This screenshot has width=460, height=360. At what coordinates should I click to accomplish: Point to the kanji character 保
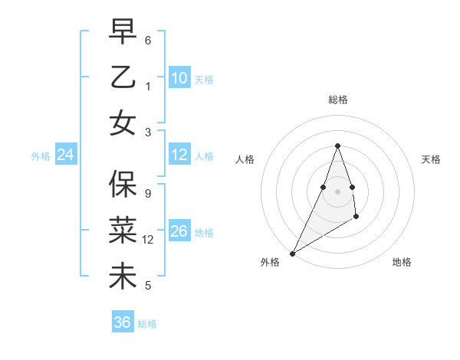pyautogui.click(x=123, y=184)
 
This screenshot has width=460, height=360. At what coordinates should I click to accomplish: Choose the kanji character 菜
pyautogui.click(x=123, y=230)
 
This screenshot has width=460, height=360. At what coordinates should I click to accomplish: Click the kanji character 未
pyautogui.click(x=123, y=276)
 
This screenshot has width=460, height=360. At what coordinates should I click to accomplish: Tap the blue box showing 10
pyautogui.click(x=179, y=78)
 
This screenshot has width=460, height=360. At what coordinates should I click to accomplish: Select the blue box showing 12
pyautogui.click(x=179, y=155)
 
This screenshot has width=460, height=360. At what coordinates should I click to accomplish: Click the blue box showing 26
pyautogui.click(x=179, y=231)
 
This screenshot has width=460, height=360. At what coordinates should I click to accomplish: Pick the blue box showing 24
pyautogui.click(x=66, y=155)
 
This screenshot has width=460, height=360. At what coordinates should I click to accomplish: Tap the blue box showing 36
pyautogui.click(x=123, y=322)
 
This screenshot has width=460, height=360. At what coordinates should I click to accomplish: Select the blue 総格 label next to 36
pyautogui.click(x=147, y=324)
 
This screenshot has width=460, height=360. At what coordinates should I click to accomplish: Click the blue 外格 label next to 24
pyautogui.click(x=41, y=156)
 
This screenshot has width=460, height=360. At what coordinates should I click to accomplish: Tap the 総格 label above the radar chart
pyautogui.click(x=337, y=100)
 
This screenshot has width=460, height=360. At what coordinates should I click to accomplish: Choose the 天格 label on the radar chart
pyautogui.click(x=431, y=159)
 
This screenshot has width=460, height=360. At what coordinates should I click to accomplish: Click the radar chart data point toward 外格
pyautogui.click(x=292, y=253)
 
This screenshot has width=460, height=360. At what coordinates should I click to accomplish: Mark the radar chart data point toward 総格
pyautogui.click(x=337, y=146)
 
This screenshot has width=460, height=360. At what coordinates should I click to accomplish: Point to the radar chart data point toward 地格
pyautogui.click(x=356, y=218)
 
